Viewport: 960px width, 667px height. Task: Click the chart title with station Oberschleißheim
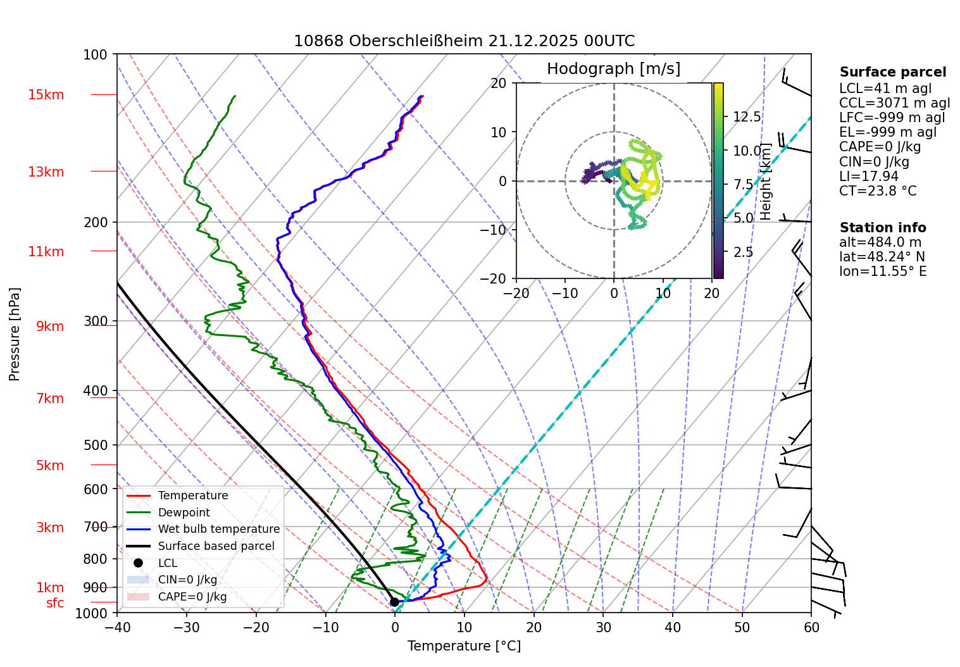coord(464,41)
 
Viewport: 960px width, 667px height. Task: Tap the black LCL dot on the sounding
coord(394,602)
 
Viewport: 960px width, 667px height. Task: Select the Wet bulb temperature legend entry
coord(218,529)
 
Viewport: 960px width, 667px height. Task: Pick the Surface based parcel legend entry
coord(216,546)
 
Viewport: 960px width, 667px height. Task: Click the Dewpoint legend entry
coord(184,513)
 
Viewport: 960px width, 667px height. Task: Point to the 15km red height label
coord(46,95)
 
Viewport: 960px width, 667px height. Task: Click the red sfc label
coord(55,603)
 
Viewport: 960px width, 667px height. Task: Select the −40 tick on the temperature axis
coord(117,627)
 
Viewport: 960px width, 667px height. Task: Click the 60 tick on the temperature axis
coord(811,627)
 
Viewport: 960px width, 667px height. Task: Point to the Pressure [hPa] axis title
coord(15,334)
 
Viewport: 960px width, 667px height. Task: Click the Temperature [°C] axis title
coord(464,646)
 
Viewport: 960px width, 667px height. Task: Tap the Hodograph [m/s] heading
coord(613,69)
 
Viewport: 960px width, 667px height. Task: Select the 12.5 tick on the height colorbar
coord(747,117)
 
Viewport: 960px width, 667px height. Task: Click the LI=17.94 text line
coord(868,177)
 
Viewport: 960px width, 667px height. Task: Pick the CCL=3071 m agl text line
coord(894,103)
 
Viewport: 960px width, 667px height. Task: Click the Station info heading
coord(882,228)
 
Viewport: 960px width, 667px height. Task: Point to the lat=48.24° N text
coord(882,257)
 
